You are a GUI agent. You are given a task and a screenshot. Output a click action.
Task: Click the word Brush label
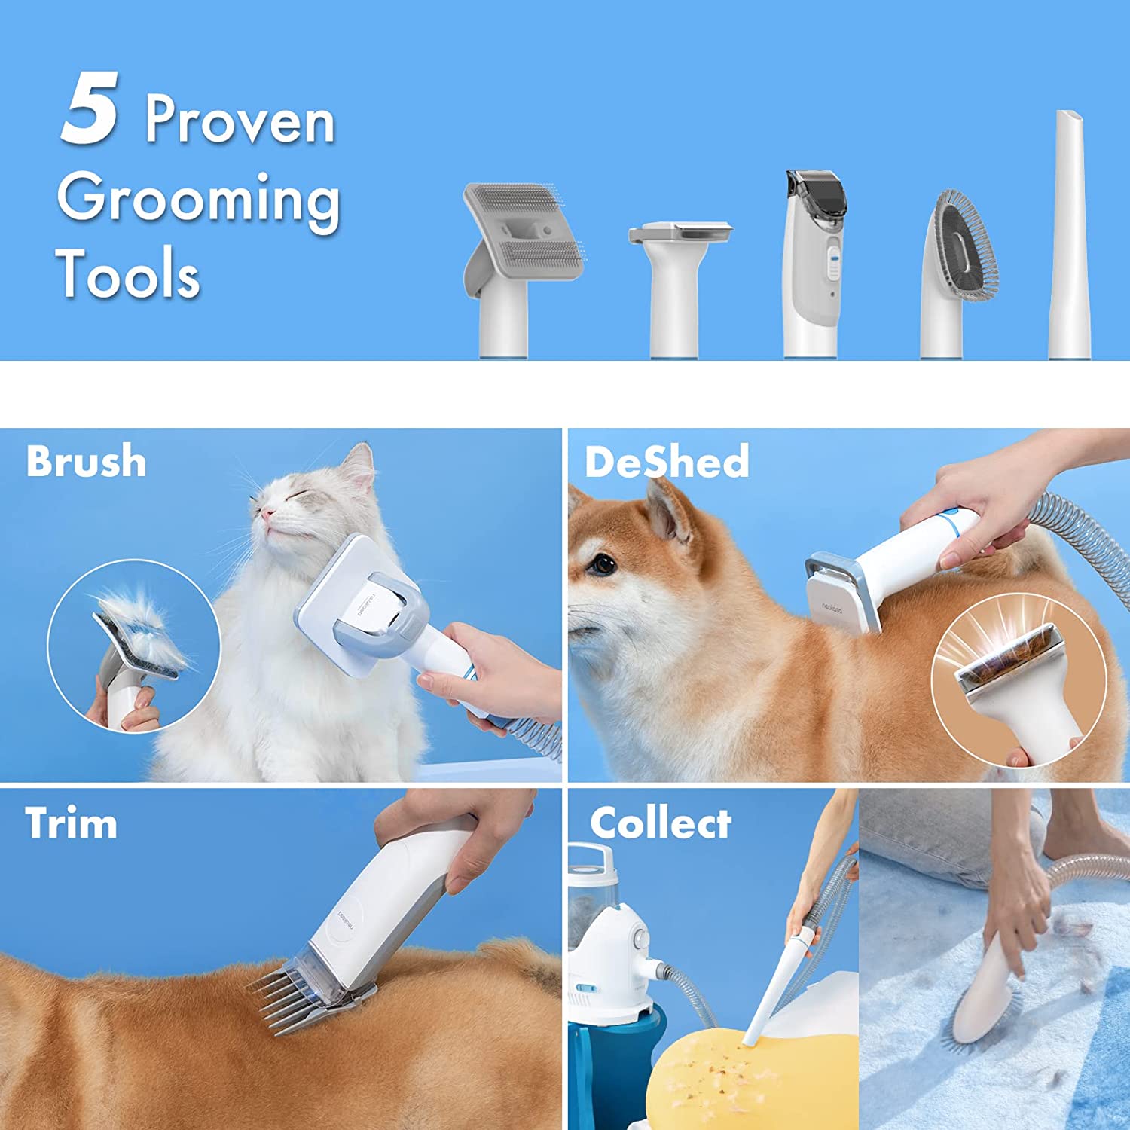86,461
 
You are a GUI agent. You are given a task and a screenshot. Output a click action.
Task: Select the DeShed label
667,462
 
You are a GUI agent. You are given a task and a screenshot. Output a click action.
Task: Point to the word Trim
71,823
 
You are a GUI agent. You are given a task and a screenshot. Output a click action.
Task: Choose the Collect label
660,823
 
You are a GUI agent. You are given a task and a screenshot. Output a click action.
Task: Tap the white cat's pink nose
266,514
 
